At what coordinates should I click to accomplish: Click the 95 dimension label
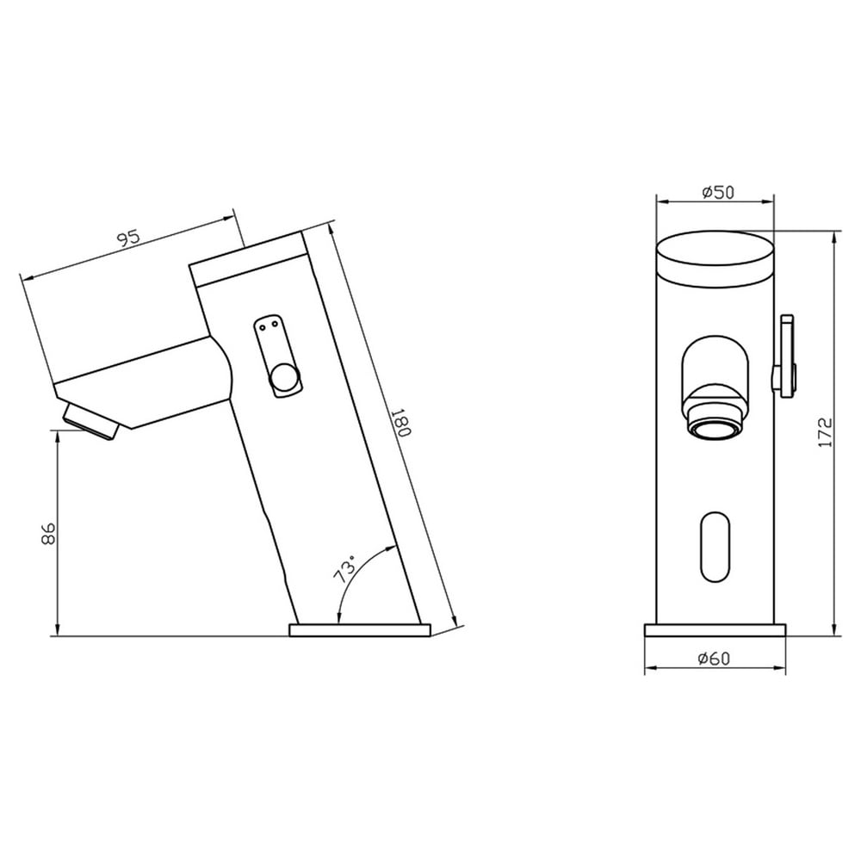pos(129,238)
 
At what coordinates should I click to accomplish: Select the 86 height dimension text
pos(48,533)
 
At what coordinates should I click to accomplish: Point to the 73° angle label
pos(345,570)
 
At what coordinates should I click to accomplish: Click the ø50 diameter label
pos(718,192)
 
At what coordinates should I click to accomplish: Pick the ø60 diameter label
pos(715,659)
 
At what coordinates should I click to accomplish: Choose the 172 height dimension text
pos(826,432)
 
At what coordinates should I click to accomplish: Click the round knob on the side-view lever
pos(284,378)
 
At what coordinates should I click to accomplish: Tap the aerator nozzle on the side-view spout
pos(90,420)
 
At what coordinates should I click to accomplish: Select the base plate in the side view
pos(360,630)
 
